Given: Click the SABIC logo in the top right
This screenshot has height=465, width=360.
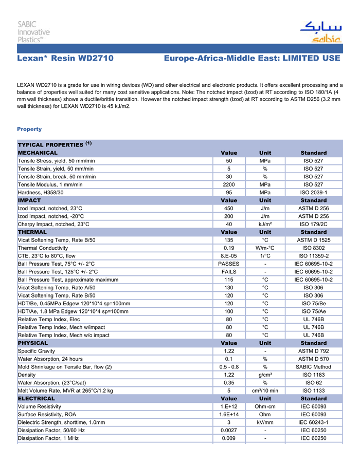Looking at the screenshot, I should click(320, 32).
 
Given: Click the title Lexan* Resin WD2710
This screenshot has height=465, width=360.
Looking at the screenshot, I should click(65, 59).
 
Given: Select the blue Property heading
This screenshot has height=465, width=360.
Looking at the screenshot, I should click(29, 129).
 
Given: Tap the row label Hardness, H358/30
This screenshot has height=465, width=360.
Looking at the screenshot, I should click(41, 192).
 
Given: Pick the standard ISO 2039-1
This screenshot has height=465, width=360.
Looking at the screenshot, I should click(314, 192).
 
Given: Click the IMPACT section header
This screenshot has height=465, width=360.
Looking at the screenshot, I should click(29, 200).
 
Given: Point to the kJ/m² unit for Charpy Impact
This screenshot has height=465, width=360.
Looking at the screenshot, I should click(265, 224).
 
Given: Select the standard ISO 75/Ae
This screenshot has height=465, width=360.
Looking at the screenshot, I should click(314, 311).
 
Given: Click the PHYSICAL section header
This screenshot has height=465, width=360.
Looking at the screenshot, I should click(33, 343).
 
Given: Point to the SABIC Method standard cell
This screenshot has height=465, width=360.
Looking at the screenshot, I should click(314, 367).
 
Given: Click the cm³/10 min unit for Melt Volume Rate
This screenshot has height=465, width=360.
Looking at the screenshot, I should click(265, 390).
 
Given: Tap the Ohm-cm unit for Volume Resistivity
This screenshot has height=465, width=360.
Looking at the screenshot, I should click(265, 406).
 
